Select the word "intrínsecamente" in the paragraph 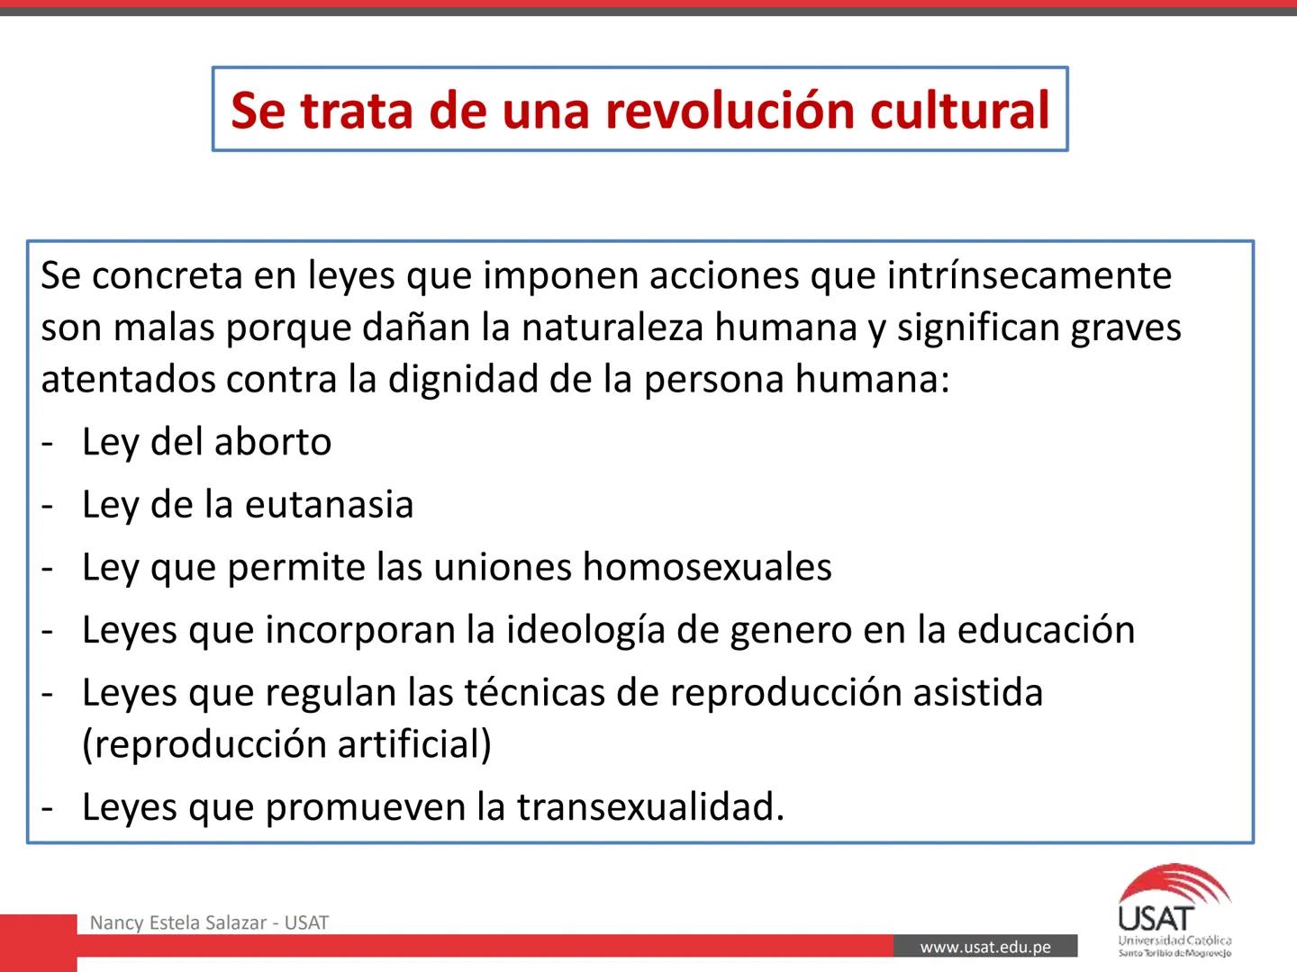pos(1029,275)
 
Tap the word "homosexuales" pos(707,568)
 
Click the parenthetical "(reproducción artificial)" pos(286,744)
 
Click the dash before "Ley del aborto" pos(48,443)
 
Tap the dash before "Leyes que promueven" pos(48,808)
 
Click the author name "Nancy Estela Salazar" pos(178,922)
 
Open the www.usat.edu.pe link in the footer pos(985,947)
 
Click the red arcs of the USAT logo pos(1179,883)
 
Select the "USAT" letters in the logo pos(1156,919)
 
